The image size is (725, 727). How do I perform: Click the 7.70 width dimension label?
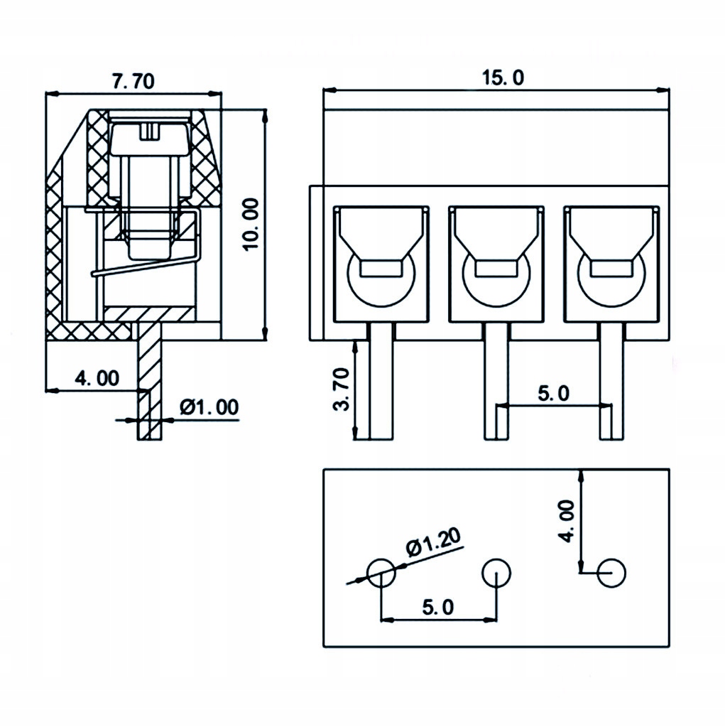(133, 81)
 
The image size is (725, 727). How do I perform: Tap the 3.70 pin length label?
(341, 389)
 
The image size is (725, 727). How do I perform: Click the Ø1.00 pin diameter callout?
(209, 406)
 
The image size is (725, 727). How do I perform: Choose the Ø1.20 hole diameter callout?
(433, 544)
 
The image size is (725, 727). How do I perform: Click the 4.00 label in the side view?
(97, 378)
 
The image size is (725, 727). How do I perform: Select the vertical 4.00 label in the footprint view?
(566, 521)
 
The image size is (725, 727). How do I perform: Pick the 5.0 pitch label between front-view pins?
(552, 393)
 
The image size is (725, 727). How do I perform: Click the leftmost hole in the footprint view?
(381, 571)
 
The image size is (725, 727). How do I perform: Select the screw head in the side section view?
(151, 136)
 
